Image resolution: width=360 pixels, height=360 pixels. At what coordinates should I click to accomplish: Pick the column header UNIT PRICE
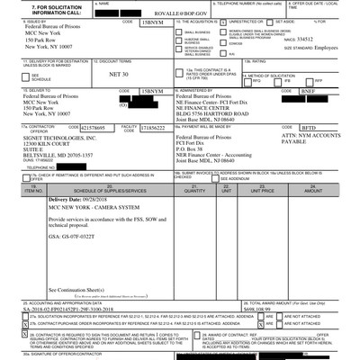point(262,216)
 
